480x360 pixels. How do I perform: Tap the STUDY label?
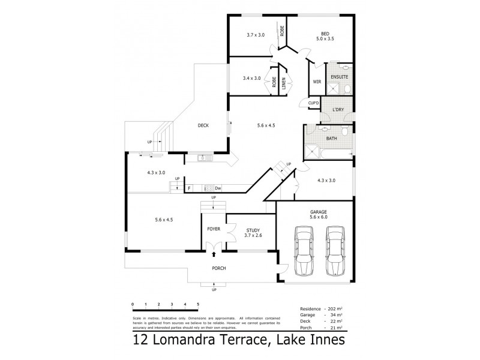tap(252, 230)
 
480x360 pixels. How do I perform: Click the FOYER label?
tap(214, 230)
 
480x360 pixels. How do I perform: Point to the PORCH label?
tap(218, 268)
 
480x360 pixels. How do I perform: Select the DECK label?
tap(203, 125)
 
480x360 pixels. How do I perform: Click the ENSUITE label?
tap(340, 78)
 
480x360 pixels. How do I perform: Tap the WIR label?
tap(317, 82)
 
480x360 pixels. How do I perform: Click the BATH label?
tap(331, 139)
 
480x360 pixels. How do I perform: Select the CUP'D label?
tap(313, 103)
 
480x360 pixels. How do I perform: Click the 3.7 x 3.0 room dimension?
tap(256, 35)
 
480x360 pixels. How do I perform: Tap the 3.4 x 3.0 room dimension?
tap(251, 78)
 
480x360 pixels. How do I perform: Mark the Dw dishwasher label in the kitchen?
tap(218, 188)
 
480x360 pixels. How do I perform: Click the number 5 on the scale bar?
tap(197, 305)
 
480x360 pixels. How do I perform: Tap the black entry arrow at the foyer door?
tap(214, 255)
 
